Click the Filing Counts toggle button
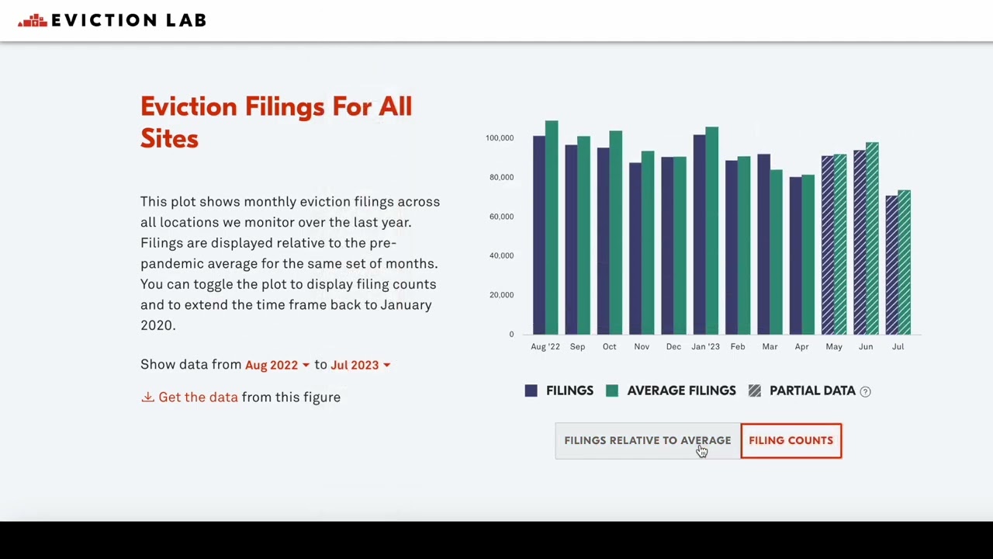791,440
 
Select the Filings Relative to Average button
647,440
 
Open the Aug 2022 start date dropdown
277,365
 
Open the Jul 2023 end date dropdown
360,365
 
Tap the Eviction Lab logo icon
33,21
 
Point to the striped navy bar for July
891,265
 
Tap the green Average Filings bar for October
615,232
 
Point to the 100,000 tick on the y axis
500,138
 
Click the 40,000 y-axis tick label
501,255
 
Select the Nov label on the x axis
642,346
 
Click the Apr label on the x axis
801,346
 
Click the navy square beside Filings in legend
531,391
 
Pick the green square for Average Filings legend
612,391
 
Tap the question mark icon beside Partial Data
866,391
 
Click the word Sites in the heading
169,139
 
